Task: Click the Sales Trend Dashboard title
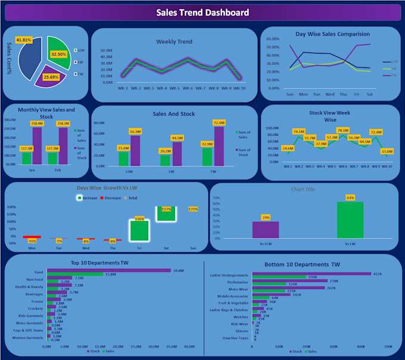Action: (x=202, y=13)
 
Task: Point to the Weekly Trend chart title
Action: (x=174, y=42)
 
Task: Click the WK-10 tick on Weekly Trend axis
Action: (x=239, y=88)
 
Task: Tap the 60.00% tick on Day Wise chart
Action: (x=271, y=39)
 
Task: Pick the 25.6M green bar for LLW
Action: (x=123, y=159)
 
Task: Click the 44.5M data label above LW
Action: (x=177, y=138)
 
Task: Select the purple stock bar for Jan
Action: (x=37, y=146)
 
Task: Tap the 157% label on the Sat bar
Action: (x=166, y=209)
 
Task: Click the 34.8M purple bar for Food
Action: (x=109, y=271)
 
